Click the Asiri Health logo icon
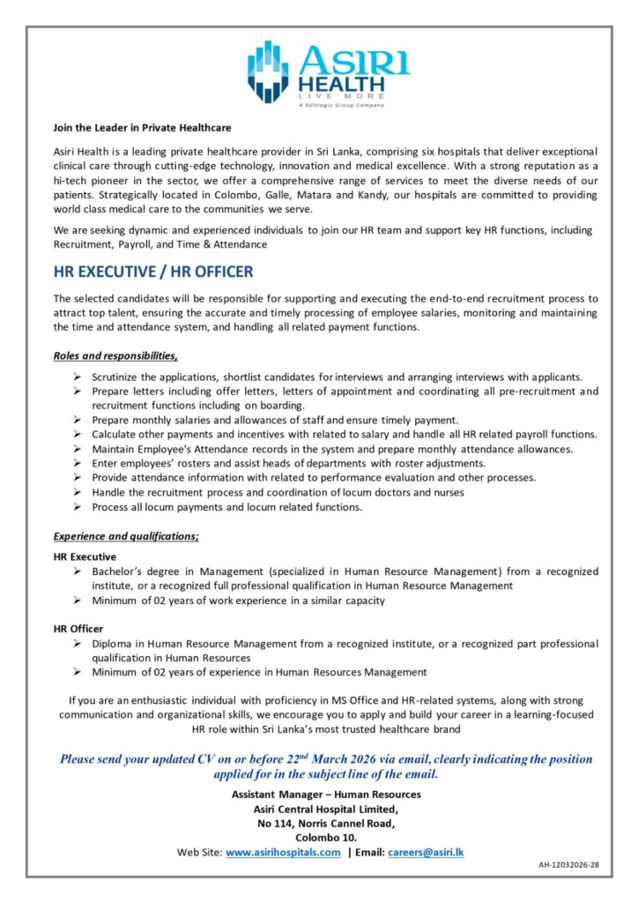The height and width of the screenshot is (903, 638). (268, 71)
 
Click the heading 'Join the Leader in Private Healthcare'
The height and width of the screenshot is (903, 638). (142, 128)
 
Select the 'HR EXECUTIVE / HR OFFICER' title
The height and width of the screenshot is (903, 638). (153, 272)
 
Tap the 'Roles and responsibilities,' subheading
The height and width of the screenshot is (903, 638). (115, 356)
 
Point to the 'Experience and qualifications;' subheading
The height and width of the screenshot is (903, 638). (126, 536)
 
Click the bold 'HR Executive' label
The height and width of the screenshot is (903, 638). (85, 557)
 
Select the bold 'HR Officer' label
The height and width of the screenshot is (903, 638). (78, 629)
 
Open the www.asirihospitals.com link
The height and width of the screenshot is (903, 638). (283, 853)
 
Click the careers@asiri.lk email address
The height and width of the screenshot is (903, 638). (426, 853)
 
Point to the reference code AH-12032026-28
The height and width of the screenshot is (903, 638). (568, 865)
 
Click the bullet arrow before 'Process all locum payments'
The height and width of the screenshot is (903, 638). (78, 507)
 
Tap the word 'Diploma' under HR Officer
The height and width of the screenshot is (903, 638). (112, 644)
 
